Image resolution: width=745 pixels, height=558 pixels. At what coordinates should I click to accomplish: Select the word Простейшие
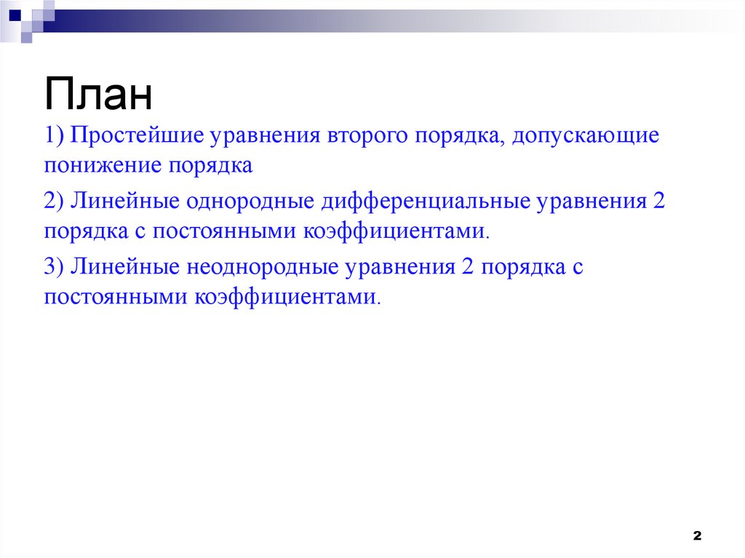click(x=138, y=136)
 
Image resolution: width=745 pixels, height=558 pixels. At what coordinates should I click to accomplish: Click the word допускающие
click(x=577, y=136)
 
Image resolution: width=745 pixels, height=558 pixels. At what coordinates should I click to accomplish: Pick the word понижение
click(x=104, y=166)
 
